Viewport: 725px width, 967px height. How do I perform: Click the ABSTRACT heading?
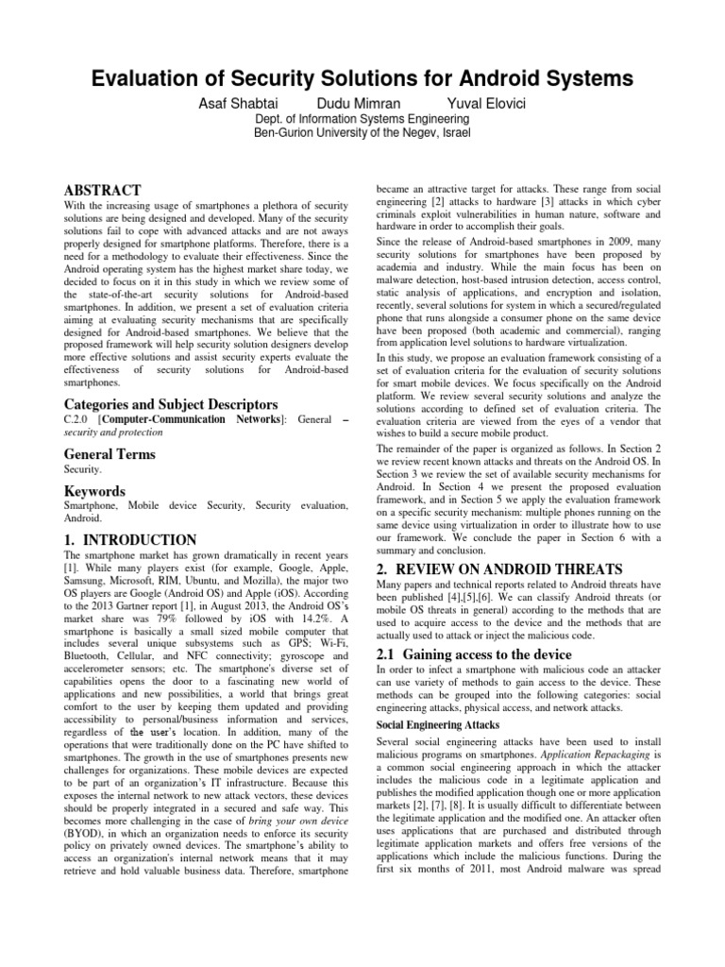[x=102, y=190]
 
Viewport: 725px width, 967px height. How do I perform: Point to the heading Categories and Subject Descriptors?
[x=171, y=404]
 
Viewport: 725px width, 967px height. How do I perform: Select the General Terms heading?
[x=109, y=454]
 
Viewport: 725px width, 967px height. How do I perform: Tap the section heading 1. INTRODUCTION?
[x=129, y=539]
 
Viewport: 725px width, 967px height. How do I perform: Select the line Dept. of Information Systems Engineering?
[x=362, y=120]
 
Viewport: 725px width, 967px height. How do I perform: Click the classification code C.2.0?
[x=75, y=419]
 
